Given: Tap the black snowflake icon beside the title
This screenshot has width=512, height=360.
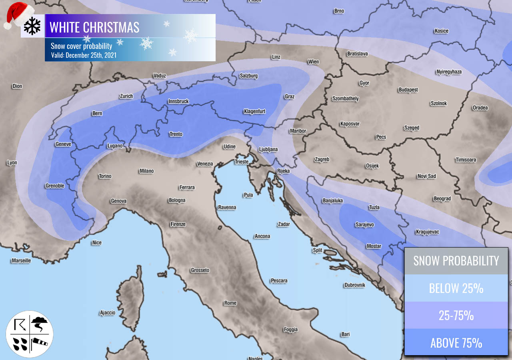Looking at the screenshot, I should pyautogui.click(x=32, y=26).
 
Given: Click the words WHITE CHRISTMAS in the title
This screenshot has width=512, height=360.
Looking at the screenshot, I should pyautogui.click(x=94, y=27).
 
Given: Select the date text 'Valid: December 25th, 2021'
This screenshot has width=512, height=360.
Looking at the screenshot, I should pyautogui.click(x=84, y=55).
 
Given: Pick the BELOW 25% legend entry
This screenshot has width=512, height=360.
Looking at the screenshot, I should pyautogui.click(x=456, y=288).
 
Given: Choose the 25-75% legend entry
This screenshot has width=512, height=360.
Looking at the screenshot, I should pyautogui.click(x=456, y=315).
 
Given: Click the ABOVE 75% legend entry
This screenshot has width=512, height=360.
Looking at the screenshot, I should pyautogui.click(x=456, y=343).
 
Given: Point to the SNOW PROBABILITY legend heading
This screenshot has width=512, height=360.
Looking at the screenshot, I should pyautogui.click(x=456, y=261).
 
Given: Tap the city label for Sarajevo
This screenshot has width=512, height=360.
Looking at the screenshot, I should pyautogui.click(x=365, y=225).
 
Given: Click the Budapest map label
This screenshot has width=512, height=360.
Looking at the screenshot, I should pyautogui.click(x=408, y=90).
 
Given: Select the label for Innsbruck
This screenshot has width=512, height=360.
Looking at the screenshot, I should pyautogui.click(x=178, y=102).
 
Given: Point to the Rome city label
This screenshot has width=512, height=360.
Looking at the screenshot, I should pyautogui.click(x=230, y=303).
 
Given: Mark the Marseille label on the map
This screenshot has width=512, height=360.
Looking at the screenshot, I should pyautogui.click(x=21, y=261).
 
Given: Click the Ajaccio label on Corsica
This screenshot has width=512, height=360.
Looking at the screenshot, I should pyautogui.click(x=107, y=313).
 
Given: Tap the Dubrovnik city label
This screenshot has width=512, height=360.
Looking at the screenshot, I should pyautogui.click(x=354, y=285).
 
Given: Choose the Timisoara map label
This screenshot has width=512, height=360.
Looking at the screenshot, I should pyautogui.click(x=466, y=160).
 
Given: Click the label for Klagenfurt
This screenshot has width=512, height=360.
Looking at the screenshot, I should pyautogui.click(x=254, y=112).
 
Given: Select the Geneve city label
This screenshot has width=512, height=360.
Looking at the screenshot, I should pyautogui.click(x=63, y=144).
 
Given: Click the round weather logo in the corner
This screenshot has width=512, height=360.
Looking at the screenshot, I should pyautogui.click(x=30, y=334).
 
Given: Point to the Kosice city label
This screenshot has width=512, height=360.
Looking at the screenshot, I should pyautogui.click(x=441, y=31).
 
